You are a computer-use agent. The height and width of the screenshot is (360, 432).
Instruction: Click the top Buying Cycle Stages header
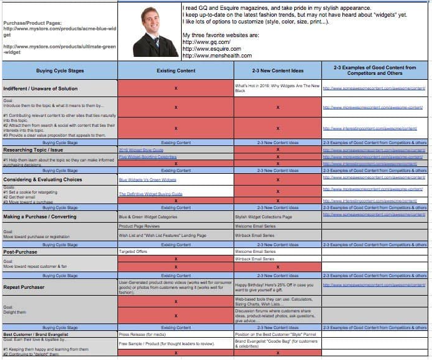[x=59, y=71]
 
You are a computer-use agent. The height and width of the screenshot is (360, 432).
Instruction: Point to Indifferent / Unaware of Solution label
[x=41, y=88]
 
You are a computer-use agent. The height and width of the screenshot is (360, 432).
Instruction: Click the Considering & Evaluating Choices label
[x=43, y=179]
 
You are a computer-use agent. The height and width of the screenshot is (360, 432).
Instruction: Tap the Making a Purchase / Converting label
[x=40, y=217]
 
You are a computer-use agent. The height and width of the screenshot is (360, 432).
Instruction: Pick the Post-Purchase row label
[x=20, y=252]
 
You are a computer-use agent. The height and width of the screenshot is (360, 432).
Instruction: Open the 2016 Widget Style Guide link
[x=141, y=150]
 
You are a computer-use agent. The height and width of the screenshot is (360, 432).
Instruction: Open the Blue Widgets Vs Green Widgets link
[x=148, y=179]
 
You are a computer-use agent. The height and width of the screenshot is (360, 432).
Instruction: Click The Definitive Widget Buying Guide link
[x=151, y=194]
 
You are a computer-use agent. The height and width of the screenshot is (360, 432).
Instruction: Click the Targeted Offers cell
[x=134, y=252]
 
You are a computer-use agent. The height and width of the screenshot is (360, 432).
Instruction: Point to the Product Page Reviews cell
[x=140, y=226]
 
